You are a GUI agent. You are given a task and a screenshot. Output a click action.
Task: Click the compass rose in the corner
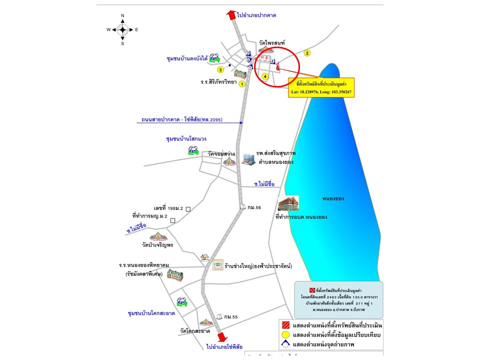(x=122, y=29)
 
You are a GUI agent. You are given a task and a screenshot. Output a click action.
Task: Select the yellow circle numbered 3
(x=220, y=69)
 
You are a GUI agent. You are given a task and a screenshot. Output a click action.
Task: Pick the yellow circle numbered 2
(x=307, y=53)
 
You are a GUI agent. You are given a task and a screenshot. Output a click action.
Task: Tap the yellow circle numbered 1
(x=242, y=84)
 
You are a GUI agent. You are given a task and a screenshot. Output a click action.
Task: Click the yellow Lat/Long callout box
(x=321, y=87)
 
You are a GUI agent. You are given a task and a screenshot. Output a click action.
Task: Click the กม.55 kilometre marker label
(x=230, y=317)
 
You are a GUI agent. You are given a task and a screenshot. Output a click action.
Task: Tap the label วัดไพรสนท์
(x=272, y=43)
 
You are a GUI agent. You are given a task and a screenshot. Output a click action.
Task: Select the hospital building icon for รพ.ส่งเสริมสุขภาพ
(x=248, y=158)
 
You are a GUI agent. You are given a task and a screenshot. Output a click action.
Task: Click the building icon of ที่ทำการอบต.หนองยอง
(x=288, y=203)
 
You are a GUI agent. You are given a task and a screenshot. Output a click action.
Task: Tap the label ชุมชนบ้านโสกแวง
(x=186, y=138)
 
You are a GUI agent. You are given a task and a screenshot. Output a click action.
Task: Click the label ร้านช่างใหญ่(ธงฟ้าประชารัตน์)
(x=258, y=265)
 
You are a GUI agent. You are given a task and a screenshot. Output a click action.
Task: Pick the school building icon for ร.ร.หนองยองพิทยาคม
(x=175, y=274)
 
